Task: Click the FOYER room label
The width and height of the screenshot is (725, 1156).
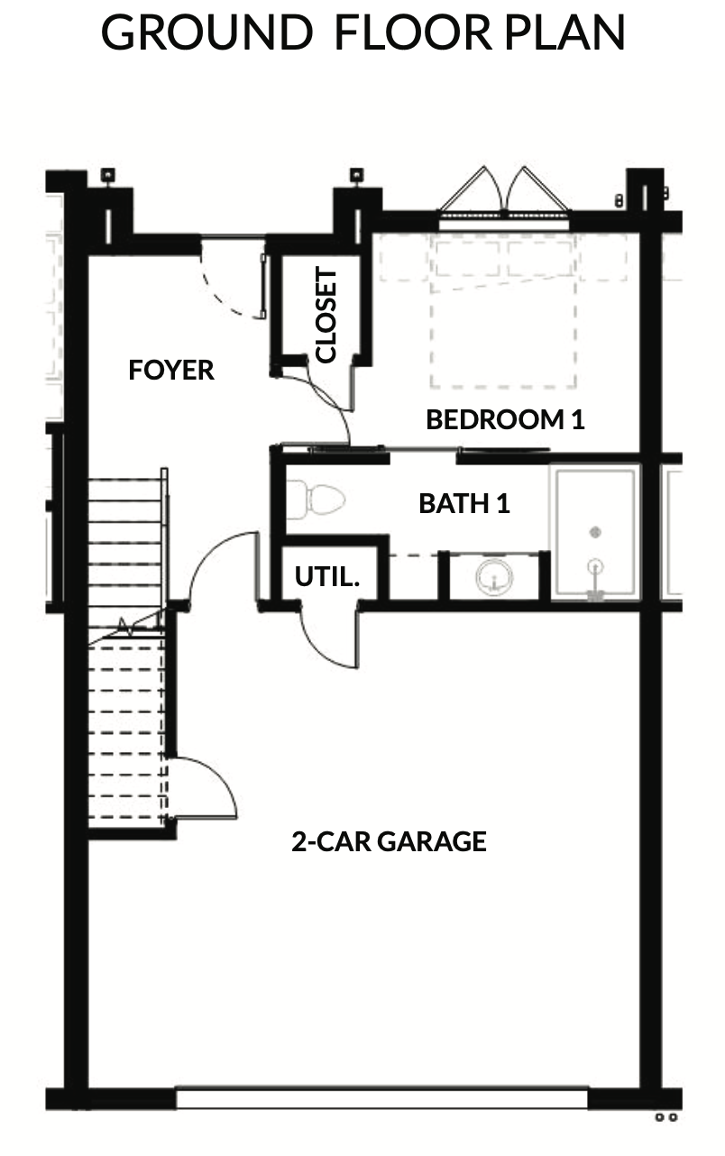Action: [x=170, y=370]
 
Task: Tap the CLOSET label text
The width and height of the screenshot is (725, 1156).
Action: [x=326, y=315]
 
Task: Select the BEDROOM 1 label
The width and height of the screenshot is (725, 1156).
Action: [x=505, y=419]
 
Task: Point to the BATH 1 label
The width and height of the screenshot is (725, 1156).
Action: [x=464, y=504]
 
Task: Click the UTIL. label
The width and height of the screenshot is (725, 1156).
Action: [x=326, y=576]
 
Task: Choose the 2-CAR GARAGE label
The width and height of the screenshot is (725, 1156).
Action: [x=389, y=841]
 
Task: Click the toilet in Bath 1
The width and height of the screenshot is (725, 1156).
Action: [x=316, y=500]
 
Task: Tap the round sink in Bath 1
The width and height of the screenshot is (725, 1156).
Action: [x=494, y=576]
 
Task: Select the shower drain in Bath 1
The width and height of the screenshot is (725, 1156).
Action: [x=595, y=531]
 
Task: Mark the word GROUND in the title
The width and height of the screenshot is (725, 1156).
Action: [x=206, y=32]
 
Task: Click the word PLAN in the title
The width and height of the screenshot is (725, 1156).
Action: [x=564, y=32]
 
